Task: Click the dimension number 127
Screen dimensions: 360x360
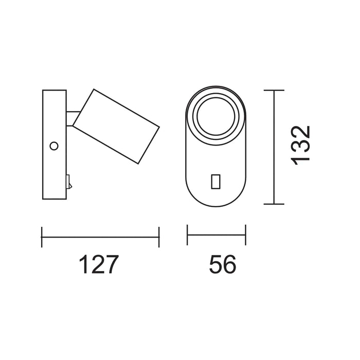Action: (99, 264)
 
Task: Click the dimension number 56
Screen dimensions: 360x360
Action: (223, 264)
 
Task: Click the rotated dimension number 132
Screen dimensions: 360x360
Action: (300, 146)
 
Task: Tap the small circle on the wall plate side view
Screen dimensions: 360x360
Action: (54, 146)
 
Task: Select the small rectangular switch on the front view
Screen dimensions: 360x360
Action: (215, 182)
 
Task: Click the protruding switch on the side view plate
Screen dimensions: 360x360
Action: (69, 182)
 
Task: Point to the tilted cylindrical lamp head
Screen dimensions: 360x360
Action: (116, 127)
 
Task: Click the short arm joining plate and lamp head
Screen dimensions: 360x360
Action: (73, 119)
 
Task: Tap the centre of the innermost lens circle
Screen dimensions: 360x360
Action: (216, 116)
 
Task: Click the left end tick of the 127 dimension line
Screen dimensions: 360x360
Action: (42, 237)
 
